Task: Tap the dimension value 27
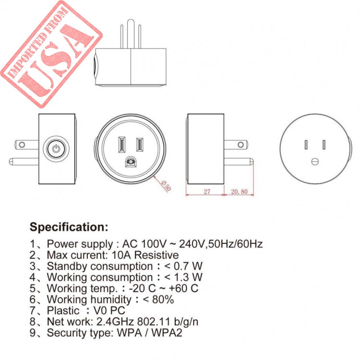pyautogui.click(x=207, y=192)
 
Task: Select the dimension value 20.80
pyautogui.click(x=239, y=192)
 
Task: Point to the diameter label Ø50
pyautogui.click(x=166, y=185)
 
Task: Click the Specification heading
pyautogui.click(x=69, y=227)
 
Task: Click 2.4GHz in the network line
pyautogui.click(x=115, y=322)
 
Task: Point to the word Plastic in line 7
pyautogui.click(x=63, y=311)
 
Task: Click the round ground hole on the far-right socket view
pyautogui.click(x=315, y=161)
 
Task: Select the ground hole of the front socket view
pyautogui.click(x=131, y=162)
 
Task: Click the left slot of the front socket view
pyautogui.click(x=121, y=144)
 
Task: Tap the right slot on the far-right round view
pyautogui.click(x=324, y=145)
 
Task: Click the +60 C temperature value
pyautogui.click(x=183, y=288)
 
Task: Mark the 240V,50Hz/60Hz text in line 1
pyautogui.click(x=221, y=244)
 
